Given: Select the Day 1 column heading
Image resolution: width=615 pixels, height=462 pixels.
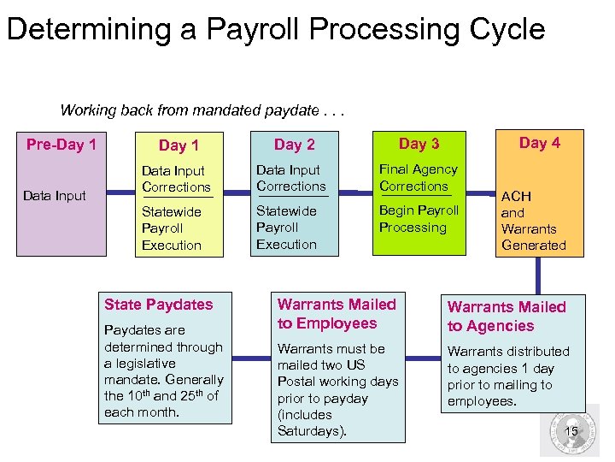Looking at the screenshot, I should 179,146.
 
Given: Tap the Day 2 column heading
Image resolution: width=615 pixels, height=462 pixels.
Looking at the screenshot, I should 294,145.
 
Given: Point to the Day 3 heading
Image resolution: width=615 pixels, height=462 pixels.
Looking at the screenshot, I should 419,144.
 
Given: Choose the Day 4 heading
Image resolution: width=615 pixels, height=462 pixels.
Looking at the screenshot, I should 539,143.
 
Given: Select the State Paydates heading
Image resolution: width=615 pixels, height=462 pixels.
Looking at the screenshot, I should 158,305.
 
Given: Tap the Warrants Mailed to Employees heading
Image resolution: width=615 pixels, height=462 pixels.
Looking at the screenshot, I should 337,314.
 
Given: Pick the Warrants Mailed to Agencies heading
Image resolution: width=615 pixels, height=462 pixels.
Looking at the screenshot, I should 507,317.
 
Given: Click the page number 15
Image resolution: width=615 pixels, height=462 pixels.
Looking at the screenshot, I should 571,431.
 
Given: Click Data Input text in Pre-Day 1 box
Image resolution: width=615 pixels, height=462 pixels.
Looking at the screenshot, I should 55,196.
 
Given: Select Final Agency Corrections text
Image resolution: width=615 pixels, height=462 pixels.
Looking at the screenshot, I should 418,178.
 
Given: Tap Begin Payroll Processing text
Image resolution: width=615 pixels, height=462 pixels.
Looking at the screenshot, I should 419,219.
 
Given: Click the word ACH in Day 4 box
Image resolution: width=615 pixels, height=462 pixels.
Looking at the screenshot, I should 516,197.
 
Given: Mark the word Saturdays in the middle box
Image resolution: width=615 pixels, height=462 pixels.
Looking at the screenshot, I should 311,430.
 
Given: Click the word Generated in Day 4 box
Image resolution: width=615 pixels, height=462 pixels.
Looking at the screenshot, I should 533,245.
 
